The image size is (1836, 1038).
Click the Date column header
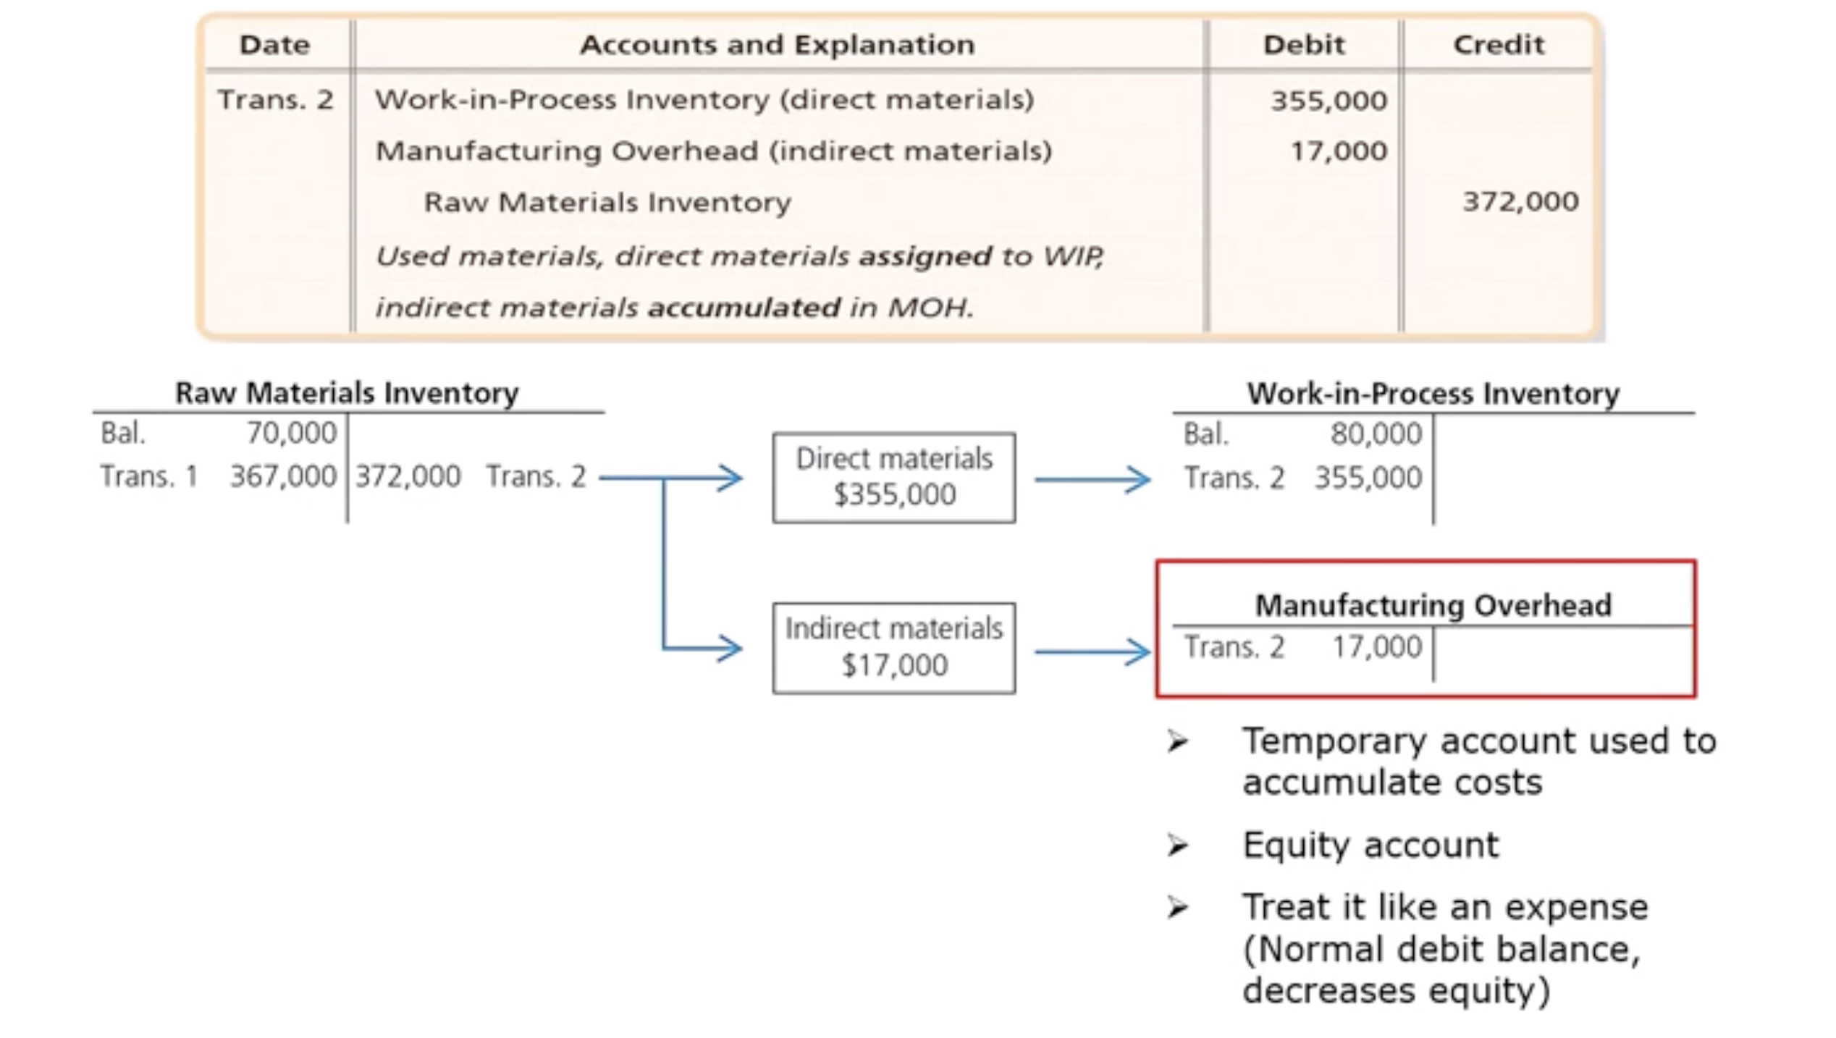tap(274, 45)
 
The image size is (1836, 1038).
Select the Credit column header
tap(1498, 45)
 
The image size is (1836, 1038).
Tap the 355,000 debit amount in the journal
tap(1328, 101)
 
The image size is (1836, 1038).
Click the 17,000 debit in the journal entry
tap(1339, 151)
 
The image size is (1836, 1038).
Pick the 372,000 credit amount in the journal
tap(1520, 201)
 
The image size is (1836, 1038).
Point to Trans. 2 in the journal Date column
tap(275, 100)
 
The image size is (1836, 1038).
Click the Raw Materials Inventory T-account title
tap(347, 393)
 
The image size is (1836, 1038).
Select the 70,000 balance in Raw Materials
tap(292, 433)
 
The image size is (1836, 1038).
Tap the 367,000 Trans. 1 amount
tap(283, 476)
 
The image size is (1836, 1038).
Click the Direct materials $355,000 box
tap(894, 478)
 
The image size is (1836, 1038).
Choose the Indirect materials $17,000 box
tap(894, 648)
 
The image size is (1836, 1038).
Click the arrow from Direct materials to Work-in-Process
tap(1092, 479)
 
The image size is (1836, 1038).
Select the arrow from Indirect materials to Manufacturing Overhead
tap(1092, 652)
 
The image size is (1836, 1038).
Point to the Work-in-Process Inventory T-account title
tap(1433, 394)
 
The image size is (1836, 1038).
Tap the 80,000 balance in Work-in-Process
tap(1376, 434)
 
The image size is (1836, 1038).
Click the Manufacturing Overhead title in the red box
tap(1433, 605)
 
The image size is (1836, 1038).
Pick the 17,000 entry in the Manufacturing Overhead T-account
tap(1377, 647)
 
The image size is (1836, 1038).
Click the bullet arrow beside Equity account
tap(1178, 845)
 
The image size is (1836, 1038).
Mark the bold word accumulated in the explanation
tap(744, 308)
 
